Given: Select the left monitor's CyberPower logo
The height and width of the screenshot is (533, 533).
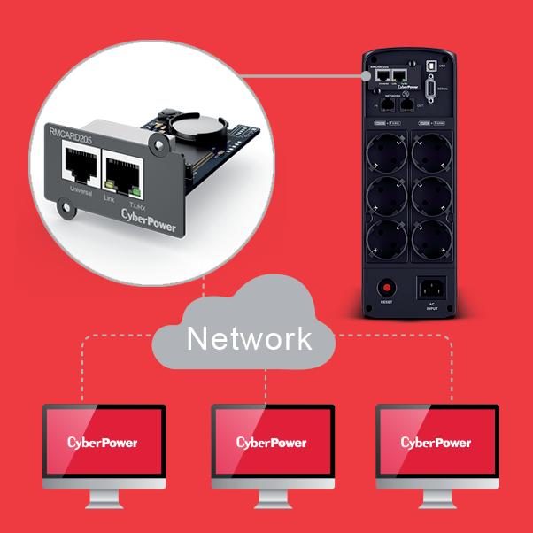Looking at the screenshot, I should [103, 441].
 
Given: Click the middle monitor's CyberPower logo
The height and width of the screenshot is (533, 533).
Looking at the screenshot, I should [271, 441].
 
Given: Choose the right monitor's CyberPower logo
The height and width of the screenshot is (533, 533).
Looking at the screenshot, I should [436, 441].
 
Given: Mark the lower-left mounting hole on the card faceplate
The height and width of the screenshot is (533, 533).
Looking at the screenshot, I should [65, 211].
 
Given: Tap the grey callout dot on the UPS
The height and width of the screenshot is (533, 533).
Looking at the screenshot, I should [364, 77].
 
